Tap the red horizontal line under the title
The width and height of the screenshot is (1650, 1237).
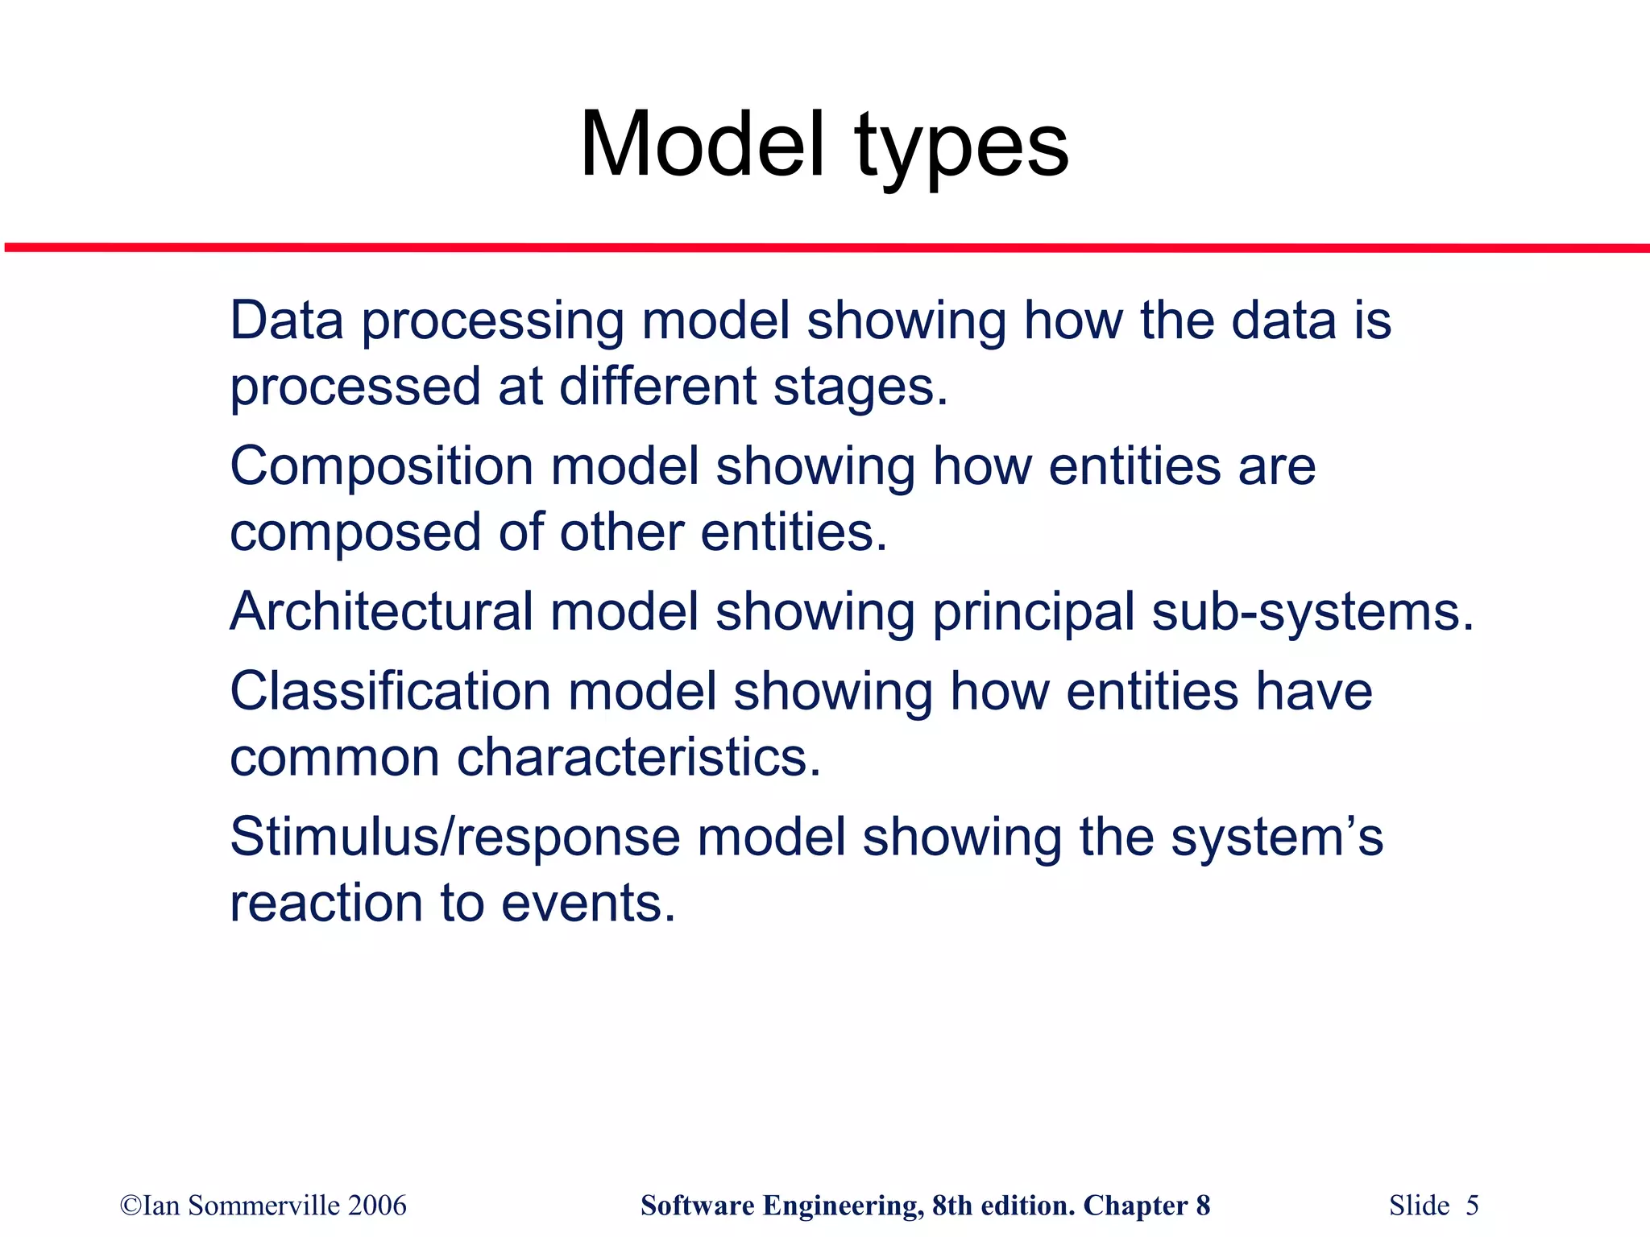click(x=825, y=248)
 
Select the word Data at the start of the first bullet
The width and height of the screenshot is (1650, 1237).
click(x=287, y=321)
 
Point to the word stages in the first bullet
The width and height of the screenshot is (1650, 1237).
click(x=860, y=387)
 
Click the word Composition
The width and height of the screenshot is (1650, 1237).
click(x=382, y=467)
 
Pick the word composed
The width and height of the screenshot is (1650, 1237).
click(x=355, y=534)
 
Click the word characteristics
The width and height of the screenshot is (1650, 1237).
click(x=638, y=758)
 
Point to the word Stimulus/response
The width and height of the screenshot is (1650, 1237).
click(x=455, y=838)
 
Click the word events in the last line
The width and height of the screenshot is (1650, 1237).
click(x=587, y=904)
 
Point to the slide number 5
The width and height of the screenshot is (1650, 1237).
click(x=1472, y=1206)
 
